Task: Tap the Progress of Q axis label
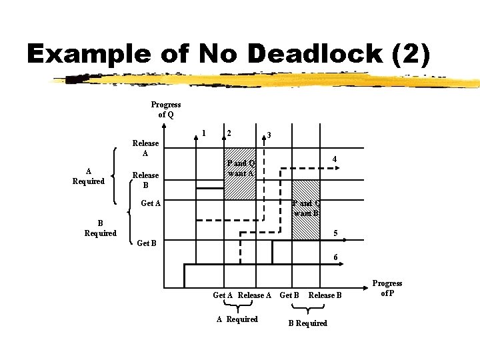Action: (x=165, y=109)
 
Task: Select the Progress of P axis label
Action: (x=387, y=288)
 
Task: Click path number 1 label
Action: (x=203, y=131)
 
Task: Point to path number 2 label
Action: (x=229, y=132)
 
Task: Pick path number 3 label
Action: (x=268, y=135)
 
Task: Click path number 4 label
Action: (x=335, y=159)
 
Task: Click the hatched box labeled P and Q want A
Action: (x=240, y=173)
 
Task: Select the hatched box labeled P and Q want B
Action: (x=306, y=209)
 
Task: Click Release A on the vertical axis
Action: (x=145, y=148)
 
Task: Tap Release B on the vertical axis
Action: (x=145, y=180)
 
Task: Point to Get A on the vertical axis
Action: (x=151, y=203)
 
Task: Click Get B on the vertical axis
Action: (x=146, y=243)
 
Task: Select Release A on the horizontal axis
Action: (x=255, y=295)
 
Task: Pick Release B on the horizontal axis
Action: (x=325, y=295)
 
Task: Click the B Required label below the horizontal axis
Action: (x=307, y=323)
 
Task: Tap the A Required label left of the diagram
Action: (x=89, y=176)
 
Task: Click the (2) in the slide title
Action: (x=412, y=53)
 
